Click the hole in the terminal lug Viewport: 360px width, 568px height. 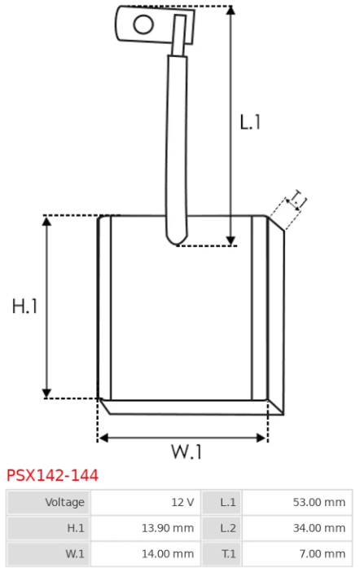(x=143, y=24)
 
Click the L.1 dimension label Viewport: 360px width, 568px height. (x=250, y=122)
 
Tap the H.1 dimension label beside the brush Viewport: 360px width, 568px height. (x=24, y=306)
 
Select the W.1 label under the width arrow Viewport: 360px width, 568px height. (x=187, y=451)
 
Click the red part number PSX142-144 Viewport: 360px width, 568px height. (x=52, y=475)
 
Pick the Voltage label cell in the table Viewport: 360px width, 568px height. (x=64, y=502)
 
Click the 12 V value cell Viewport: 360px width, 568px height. (x=182, y=502)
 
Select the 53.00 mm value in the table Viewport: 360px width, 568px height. (x=319, y=502)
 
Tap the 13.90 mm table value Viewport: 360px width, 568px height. (x=168, y=528)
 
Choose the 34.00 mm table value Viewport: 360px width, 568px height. (x=319, y=528)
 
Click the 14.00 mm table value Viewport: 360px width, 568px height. (x=168, y=554)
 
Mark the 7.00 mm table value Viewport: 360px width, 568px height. (x=323, y=554)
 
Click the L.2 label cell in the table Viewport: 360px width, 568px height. (x=228, y=528)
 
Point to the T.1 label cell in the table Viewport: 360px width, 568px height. (x=229, y=554)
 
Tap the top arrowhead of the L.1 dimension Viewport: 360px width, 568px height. (x=230, y=10)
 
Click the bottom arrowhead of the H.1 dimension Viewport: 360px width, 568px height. (x=46, y=394)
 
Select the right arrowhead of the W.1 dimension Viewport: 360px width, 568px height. (x=261, y=438)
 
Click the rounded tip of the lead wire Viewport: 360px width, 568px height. (x=177, y=242)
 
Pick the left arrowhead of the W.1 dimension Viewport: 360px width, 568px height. (x=103, y=438)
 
